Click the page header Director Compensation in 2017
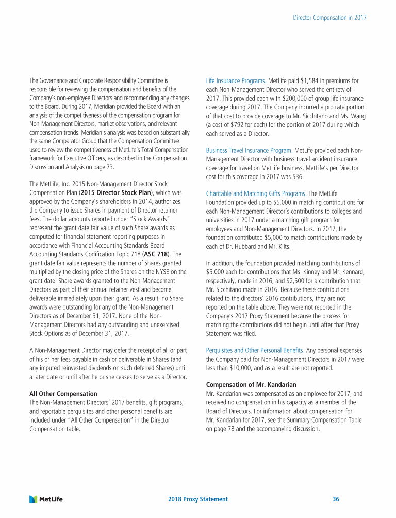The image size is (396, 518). click(x=329, y=17)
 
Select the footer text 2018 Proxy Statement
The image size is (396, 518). click(x=198, y=499)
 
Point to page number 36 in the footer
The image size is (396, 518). click(x=336, y=499)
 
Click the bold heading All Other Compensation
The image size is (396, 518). click(x=63, y=394)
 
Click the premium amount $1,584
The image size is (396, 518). click(x=309, y=81)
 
